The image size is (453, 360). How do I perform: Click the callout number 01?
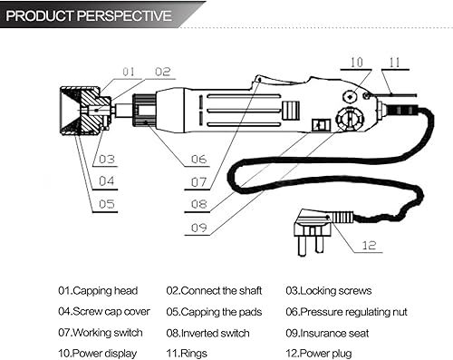click(129, 72)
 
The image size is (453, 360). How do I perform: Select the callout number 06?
click(198, 160)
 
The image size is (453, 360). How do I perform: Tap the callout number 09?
click(199, 228)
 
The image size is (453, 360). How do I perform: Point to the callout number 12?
click(369, 245)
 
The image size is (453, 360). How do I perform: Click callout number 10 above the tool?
click(356, 63)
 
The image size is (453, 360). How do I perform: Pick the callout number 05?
click(107, 204)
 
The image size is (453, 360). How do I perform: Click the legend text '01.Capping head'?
click(98, 291)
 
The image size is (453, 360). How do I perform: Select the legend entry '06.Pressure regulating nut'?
click(346, 312)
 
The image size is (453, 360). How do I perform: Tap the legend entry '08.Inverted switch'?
click(207, 333)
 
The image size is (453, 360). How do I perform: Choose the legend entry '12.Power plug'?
click(319, 354)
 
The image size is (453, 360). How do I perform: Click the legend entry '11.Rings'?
click(187, 354)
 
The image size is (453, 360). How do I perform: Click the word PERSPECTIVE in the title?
click(124, 15)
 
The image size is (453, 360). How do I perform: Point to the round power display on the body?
click(350, 97)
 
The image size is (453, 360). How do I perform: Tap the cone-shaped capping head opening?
click(70, 111)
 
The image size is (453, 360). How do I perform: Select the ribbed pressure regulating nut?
click(144, 111)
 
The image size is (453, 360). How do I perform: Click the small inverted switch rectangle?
click(322, 125)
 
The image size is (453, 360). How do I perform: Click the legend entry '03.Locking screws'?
click(329, 291)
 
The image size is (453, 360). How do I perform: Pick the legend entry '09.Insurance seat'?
click(327, 333)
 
